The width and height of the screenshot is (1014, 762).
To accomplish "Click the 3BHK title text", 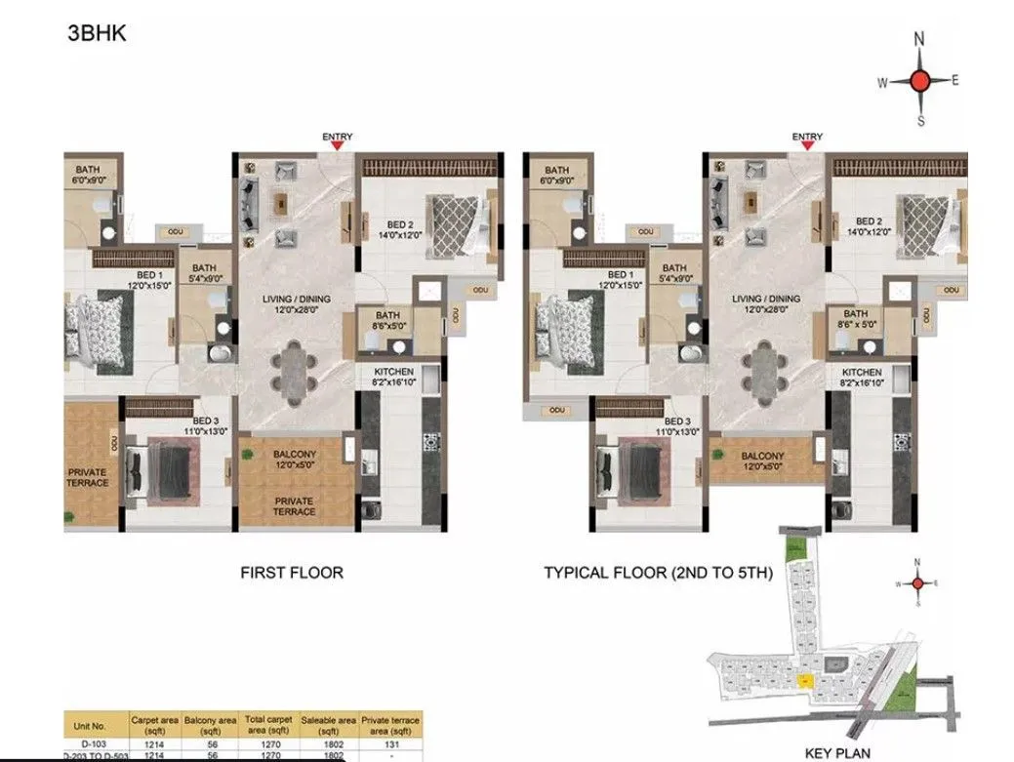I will [x=97, y=33].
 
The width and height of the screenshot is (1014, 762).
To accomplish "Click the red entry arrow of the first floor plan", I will [x=336, y=145].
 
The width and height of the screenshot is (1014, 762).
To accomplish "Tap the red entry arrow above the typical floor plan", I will [x=807, y=145].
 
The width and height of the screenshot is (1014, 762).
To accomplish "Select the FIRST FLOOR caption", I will [x=292, y=573].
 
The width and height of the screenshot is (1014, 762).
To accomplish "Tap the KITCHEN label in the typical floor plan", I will [x=862, y=373].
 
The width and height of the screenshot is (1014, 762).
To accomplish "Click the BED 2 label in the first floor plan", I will [x=398, y=225].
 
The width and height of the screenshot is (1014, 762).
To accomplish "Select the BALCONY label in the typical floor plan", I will [x=762, y=456].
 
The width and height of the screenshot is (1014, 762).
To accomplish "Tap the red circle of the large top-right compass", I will [x=918, y=81].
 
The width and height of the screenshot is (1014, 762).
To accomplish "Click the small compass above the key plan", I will [x=917, y=583].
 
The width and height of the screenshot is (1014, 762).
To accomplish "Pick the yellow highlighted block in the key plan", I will [x=804, y=680].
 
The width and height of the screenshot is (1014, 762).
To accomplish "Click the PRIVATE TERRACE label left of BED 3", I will [x=87, y=477].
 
